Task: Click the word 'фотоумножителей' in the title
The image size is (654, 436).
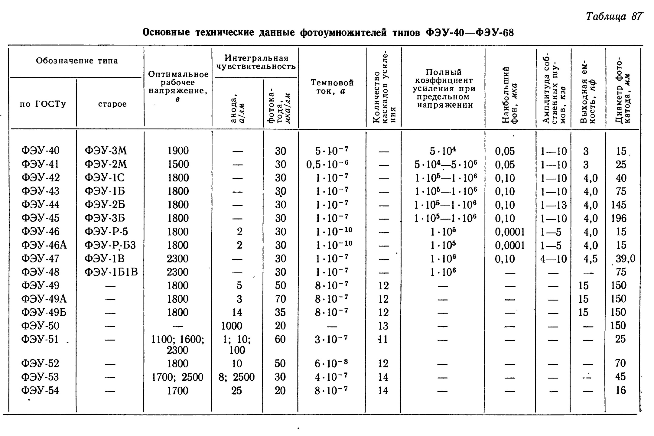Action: [x=343, y=32]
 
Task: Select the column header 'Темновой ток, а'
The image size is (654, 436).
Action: [x=332, y=87]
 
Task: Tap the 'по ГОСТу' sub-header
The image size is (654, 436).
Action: [x=43, y=104]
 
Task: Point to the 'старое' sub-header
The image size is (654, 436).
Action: [x=112, y=104]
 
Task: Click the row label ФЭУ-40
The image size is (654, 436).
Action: [x=41, y=151]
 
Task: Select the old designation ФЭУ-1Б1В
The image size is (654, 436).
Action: [x=111, y=272]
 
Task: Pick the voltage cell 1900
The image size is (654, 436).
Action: [x=178, y=151]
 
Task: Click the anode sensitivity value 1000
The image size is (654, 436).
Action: [x=232, y=326]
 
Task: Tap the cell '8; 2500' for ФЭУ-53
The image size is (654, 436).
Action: [x=237, y=377]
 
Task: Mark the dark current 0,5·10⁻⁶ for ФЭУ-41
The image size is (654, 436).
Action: [x=327, y=164]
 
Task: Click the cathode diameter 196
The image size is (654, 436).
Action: [x=619, y=218]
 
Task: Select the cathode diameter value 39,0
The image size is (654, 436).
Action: [x=625, y=259]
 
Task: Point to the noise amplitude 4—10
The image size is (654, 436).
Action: [x=554, y=259]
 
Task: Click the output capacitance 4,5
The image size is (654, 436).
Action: [x=591, y=259]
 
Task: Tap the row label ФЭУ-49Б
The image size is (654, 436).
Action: [x=44, y=312]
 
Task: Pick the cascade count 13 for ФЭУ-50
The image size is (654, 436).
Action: [x=383, y=326]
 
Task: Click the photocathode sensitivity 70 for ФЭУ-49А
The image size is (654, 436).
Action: [x=280, y=299]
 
